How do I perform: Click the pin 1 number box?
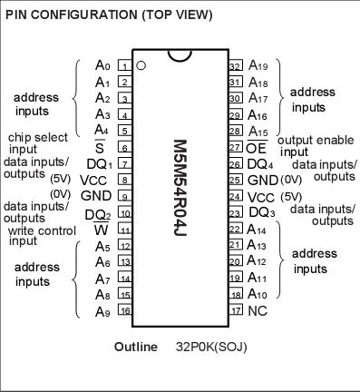point(123,65)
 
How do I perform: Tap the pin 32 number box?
point(234,65)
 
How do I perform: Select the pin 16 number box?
point(123,310)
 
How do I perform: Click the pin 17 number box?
point(234,310)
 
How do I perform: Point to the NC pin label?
point(257,310)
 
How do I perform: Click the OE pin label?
point(257,147)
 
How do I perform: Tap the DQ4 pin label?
point(261,164)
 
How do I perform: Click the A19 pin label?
point(260,65)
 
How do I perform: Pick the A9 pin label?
point(102,310)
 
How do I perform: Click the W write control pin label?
point(102,230)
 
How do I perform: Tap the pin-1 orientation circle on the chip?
point(141,65)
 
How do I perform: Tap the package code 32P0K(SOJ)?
point(211,347)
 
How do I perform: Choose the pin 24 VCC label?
point(260,197)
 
